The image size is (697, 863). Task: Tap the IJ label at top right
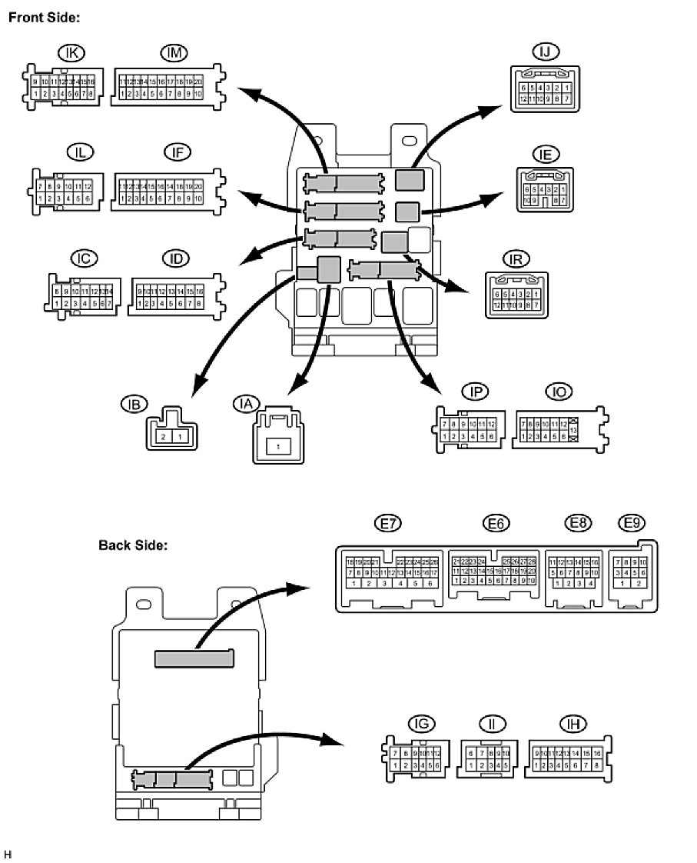[545, 52]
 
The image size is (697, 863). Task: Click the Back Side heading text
[132, 545]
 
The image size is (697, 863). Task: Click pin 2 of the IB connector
[163, 436]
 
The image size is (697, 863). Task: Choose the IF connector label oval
[178, 152]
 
